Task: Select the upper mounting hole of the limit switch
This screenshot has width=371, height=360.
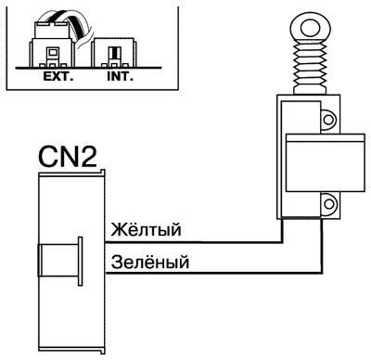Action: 327,119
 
